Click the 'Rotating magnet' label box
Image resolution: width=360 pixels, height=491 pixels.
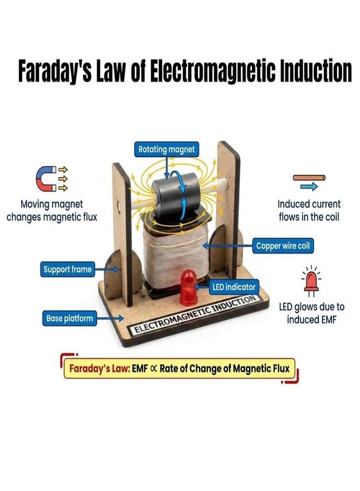(166, 149)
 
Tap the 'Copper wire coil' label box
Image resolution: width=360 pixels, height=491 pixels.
(283, 246)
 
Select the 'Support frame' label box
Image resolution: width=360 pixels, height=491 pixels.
(68, 270)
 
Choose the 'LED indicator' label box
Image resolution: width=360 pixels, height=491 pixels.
(234, 287)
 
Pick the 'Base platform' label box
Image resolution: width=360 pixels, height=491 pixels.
(69, 319)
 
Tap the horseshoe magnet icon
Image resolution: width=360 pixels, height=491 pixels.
(46, 178)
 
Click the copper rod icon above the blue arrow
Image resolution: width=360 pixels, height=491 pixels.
(309, 178)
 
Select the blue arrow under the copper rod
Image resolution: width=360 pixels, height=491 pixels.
(309, 187)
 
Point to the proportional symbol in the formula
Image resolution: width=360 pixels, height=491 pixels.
(153, 369)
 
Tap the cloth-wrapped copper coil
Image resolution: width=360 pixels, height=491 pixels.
(175, 253)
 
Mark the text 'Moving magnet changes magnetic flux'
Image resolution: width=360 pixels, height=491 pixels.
(52, 211)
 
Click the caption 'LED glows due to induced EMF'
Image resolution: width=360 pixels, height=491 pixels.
(311, 313)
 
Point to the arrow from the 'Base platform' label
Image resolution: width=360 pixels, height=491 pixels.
(110, 319)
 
